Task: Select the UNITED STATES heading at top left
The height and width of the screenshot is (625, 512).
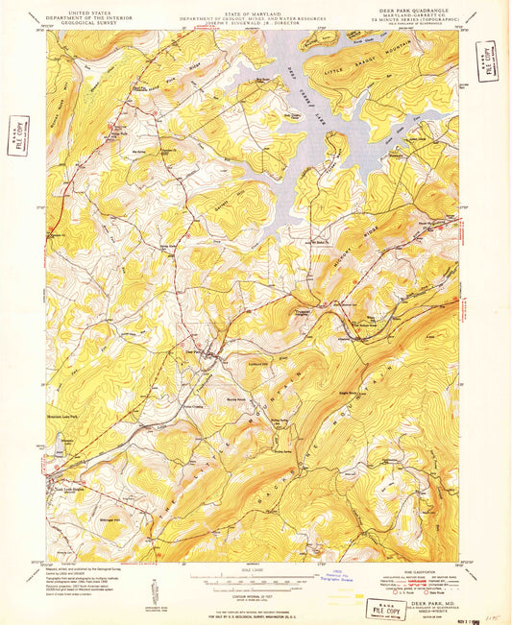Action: [x=80, y=6]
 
